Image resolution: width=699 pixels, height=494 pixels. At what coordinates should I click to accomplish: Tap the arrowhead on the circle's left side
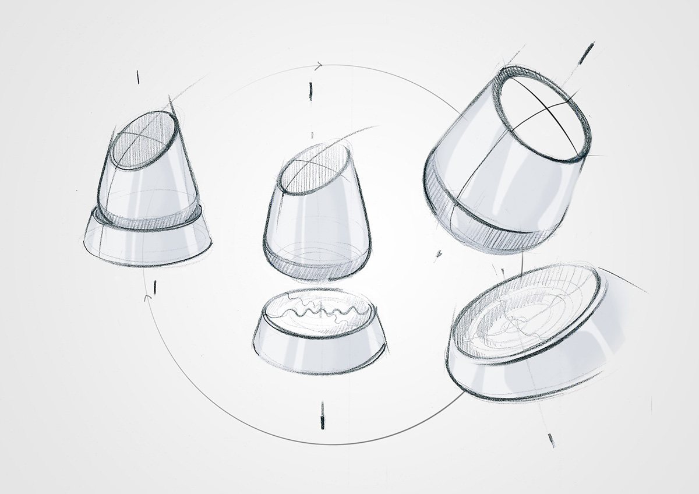coord(148,298)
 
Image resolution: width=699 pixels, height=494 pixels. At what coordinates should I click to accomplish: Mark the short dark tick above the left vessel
coord(138,76)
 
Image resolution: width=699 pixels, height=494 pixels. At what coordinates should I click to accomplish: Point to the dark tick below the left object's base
coord(154,286)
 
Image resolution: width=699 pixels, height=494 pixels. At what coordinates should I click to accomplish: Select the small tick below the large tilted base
coord(550,439)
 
